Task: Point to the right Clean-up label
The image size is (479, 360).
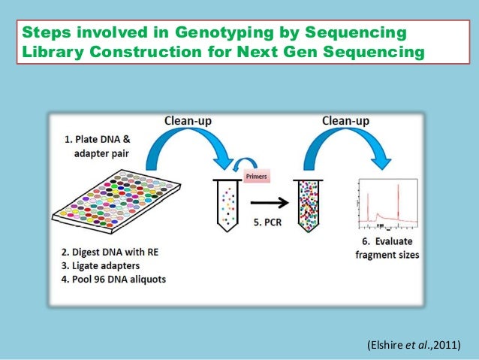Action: [345, 120]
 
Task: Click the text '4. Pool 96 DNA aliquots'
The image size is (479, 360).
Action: [118, 280]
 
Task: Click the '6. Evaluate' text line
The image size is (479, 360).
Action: [387, 243]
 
